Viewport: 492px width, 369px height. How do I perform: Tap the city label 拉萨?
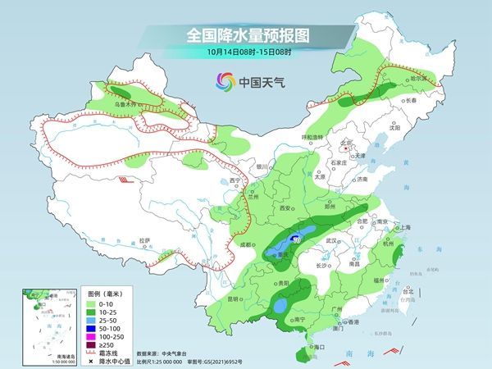click(x=145, y=240)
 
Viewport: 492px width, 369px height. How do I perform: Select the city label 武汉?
click(x=331, y=240)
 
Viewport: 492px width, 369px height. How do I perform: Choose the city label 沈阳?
click(x=394, y=128)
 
